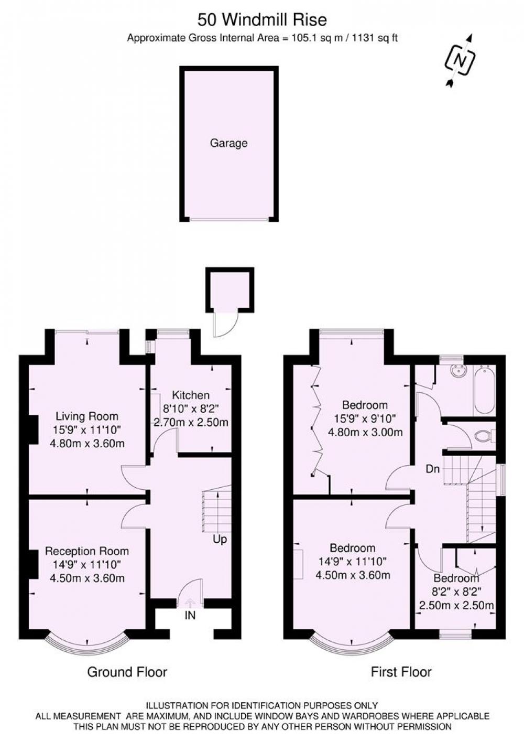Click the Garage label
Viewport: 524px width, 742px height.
coord(229,143)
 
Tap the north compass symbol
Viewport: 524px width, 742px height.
coord(461,61)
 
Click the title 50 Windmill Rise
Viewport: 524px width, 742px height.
coord(262,20)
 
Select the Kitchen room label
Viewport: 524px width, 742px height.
coord(191,395)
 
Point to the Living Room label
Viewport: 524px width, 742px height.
coord(87,416)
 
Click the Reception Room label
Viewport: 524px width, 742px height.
coord(87,551)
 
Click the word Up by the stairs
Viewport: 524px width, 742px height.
coord(220,540)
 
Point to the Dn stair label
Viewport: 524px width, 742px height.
coord(433,469)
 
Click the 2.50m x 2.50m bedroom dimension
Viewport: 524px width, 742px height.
coord(456,606)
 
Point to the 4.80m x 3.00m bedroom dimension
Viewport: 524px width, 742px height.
coord(365,432)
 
